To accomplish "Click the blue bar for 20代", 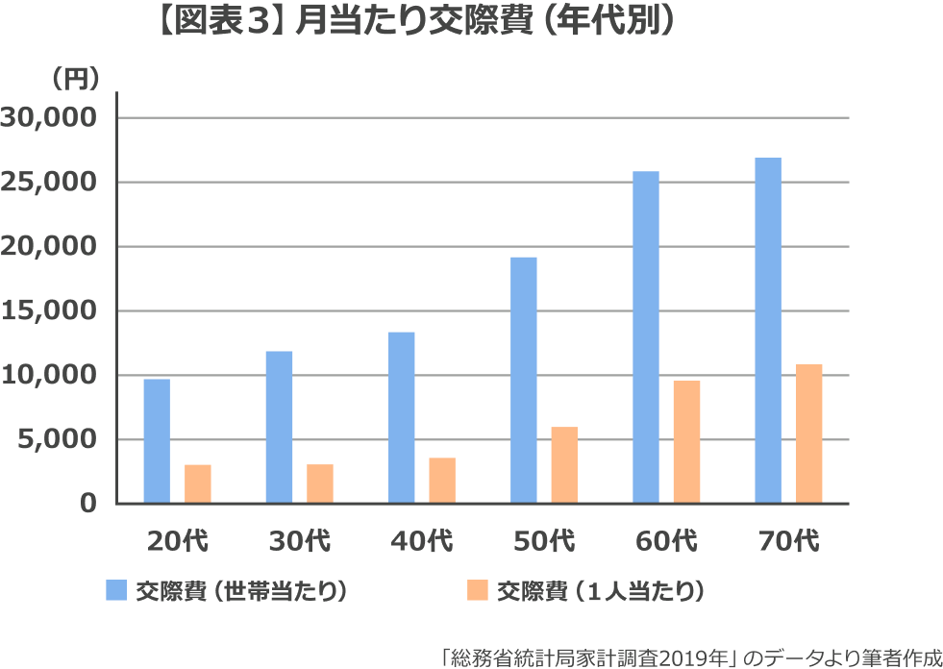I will tap(157, 440).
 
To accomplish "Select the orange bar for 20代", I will tap(198, 483).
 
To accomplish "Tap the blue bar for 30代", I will tap(279, 427).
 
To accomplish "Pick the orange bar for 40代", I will tap(442, 480).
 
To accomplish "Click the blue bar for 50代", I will tap(524, 380).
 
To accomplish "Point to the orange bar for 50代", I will tap(564, 464).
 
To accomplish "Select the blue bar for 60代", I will tap(646, 336).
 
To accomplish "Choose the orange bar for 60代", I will tap(686, 441).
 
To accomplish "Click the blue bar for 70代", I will tap(768, 330).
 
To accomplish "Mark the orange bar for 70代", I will tap(809, 434).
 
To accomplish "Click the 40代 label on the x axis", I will tap(422, 541).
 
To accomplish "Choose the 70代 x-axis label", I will tap(788, 541).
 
